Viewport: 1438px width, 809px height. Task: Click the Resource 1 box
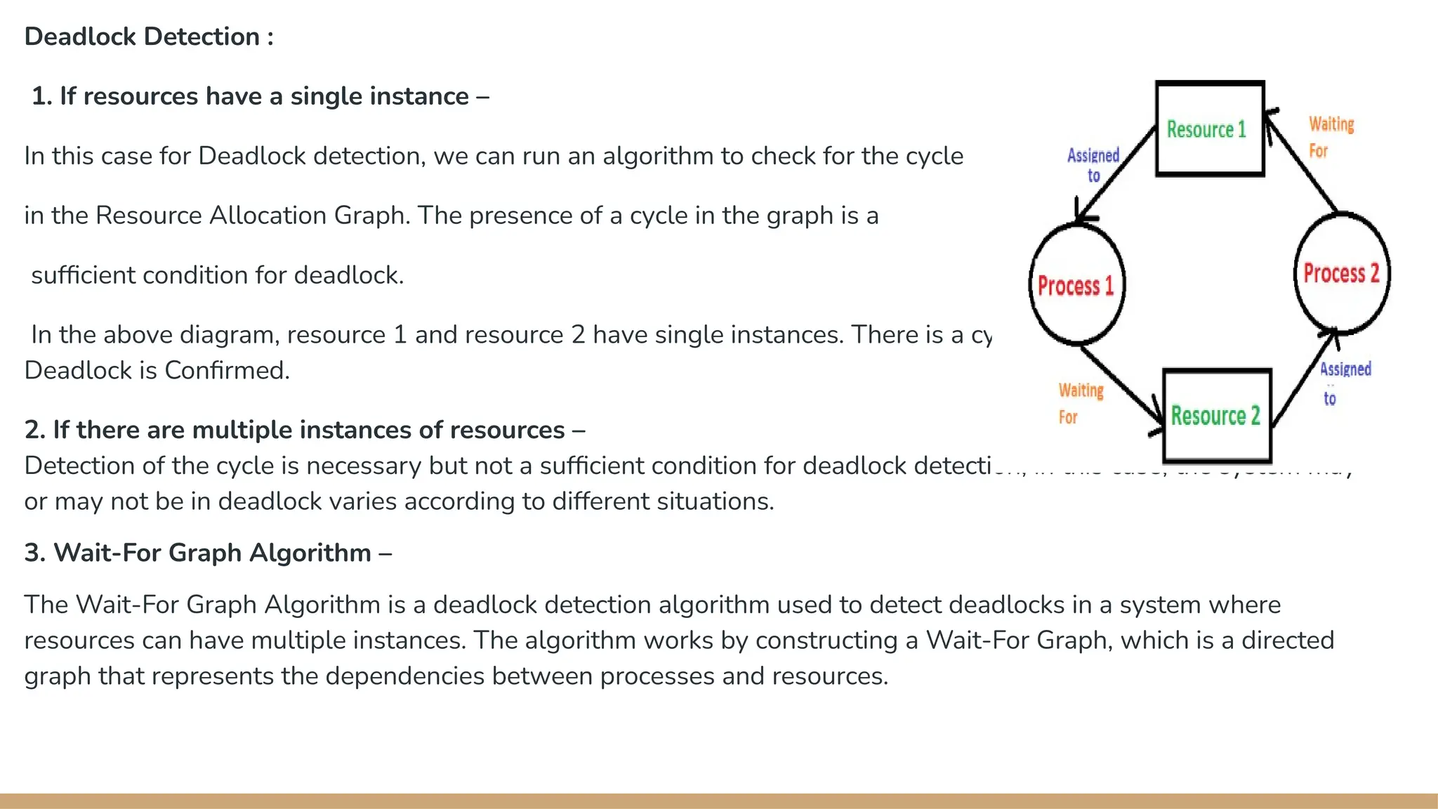[x=1210, y=129]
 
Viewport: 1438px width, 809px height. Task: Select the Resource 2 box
[x=1217, y=416]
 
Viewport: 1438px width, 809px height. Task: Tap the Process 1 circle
[x=1076, y=284]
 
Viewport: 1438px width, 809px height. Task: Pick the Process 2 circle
[x=1341, y=272]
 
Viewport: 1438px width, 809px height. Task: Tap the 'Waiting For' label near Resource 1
[x=1331, y=137]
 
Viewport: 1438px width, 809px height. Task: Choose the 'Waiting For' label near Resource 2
[x=1081, y=403]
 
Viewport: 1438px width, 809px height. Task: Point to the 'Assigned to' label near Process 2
[x=1344, y=383]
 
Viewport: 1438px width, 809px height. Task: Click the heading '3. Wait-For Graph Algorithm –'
[x=208, y=553]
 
